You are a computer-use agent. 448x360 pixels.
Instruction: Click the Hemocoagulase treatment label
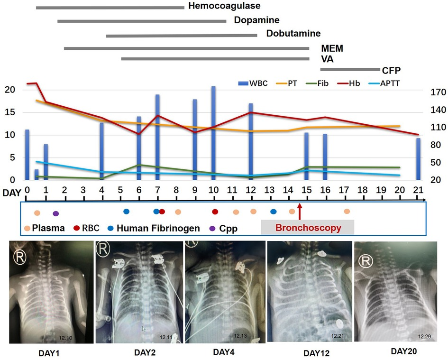click(x=224, y=6)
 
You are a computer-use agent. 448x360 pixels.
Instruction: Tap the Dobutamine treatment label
click(x=293, y=34)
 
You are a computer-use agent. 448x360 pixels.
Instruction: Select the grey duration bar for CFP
click(x=350, y=69)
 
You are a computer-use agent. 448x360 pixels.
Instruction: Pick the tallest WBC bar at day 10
click(x=213, y=133)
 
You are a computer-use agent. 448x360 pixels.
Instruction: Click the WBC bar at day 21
click(x=418, y=159)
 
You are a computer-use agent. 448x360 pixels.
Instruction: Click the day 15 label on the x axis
click(x=306, y=190)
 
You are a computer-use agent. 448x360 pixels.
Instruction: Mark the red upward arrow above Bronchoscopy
click(x=299, y=212)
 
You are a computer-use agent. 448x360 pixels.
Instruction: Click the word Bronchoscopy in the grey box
click(x=308, y=228)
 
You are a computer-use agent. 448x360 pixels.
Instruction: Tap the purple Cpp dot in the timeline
click(x=55, y=213)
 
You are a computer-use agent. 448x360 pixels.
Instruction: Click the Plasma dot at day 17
click(x=347, y=212)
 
